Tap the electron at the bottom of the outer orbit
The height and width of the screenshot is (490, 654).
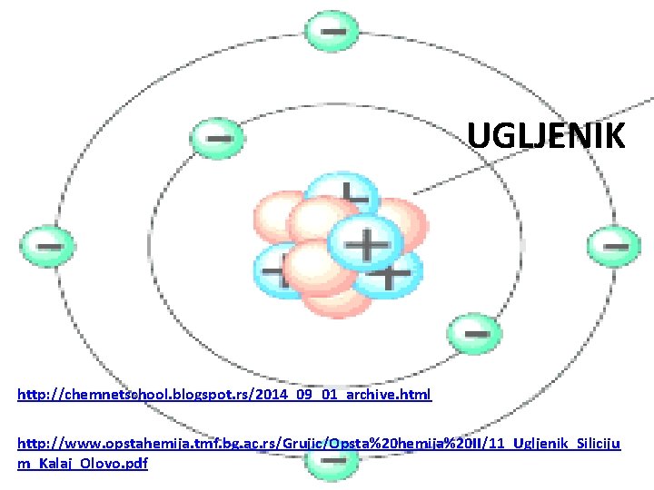328,463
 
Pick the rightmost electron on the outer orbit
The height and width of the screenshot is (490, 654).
614,245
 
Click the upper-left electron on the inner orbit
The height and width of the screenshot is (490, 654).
216,139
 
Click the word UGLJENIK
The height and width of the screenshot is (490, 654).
546,136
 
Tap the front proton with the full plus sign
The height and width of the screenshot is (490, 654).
366,243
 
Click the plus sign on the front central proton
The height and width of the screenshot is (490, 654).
367,243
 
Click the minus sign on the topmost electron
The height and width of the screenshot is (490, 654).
331,29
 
